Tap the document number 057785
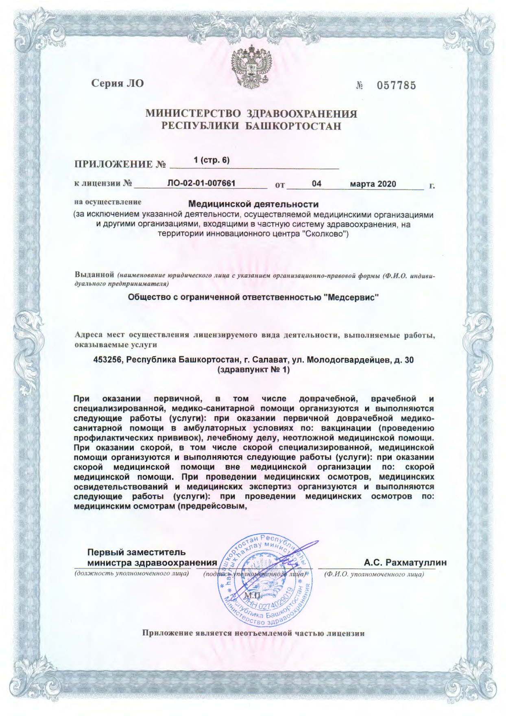(x=396, y=85)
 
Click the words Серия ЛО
(x=118, y=84)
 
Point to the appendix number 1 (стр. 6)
(x=212, y=160)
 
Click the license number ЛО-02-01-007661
(x=201, y=184)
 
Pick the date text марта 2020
(x=373, y=184)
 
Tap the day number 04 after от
(x=316, y=184)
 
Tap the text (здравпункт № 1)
(x=254, y=370)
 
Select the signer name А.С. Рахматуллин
(x=405, y=563)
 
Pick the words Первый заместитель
(x=137, y=552)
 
